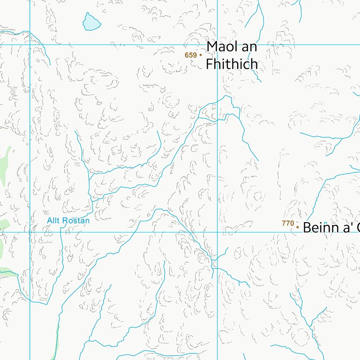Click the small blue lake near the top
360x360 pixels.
pyautogui.click(x=91, y=22)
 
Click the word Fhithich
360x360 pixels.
pyautogui.click(x=232, y=64)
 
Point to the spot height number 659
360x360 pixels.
pyautogui.click(x=190, y=55)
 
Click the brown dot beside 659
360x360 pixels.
pyautogui.click(x=201, y=55)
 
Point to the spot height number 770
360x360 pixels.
pyautogui.click(x=287, y=224)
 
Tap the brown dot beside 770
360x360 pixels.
pyautogui.click(x=297, y=227)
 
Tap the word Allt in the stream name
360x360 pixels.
pyautogui.click(x=54, y=220)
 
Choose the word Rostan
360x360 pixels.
pyautogui.click(x=76, y=220)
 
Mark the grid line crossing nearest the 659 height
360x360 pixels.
pyautogui.click(x=217, y=45)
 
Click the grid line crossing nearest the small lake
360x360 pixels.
pyautogui.click(x=30, y=45)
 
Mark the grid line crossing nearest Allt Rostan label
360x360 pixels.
pyautogui.click(x=30, y=232)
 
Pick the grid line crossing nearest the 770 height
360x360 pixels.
pyautogui.click(x=217, y=232)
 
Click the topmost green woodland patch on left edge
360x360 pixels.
pyautogui.click(x=5, y=159)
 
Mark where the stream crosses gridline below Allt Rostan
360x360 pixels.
pyautogui.click(x=61, y=232)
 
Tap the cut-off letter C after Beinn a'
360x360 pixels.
pyautogui.click(x=357, y=228)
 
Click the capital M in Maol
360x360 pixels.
pyautogui.click(x=212, y=47)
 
